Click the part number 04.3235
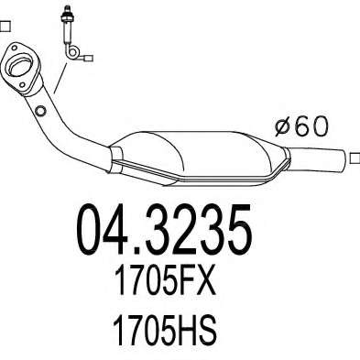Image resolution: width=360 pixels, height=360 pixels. pyautogui.click(x=165, y=230)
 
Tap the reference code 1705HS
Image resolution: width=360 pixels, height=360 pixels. pyautogui.click(x=165, y=331)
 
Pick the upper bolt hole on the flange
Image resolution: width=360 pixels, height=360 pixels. pyautogui.click(x=14, y=48)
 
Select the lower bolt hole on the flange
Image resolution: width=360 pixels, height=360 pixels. pyautogui.click(x=22, y=85)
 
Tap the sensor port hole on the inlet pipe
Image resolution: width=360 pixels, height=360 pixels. pyautogui.click(x=40, y=111)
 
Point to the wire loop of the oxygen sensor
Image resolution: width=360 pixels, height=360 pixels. pyautogui.click(x=72, y=52)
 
